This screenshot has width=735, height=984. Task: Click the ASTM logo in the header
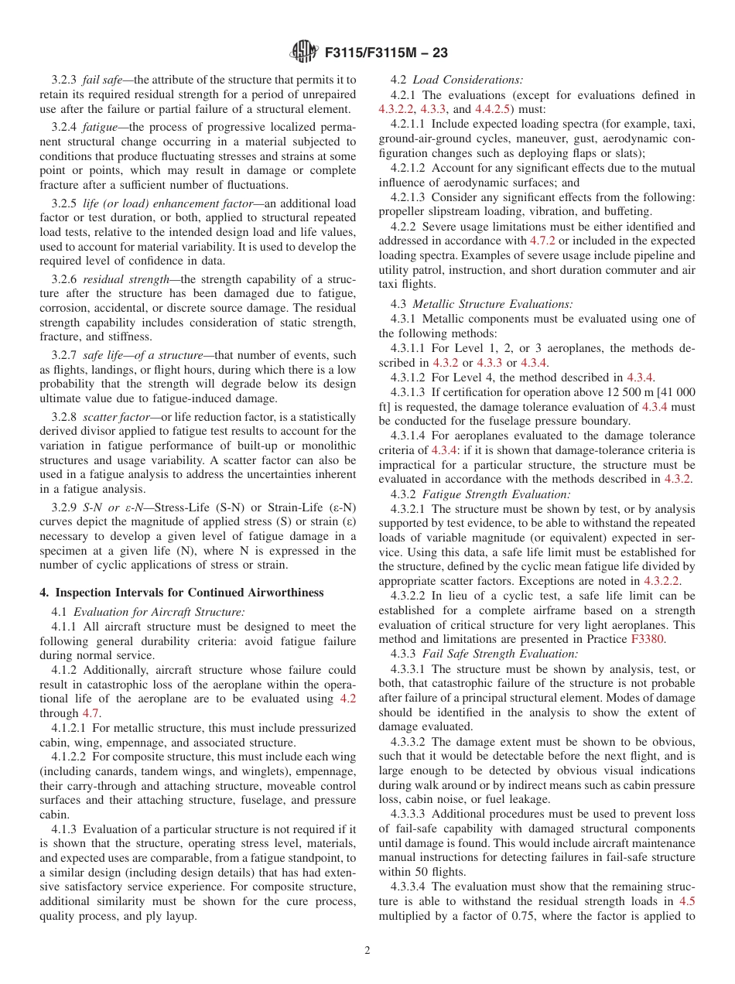pyautogui.click(x=304, y=53)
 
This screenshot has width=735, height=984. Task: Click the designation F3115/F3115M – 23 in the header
pyautogui.click(x=386, y=53)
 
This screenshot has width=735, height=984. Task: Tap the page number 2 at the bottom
pyautogui.click(x=367, y=951)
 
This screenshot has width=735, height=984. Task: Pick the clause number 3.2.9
pyautogui.click(x=64, y=507)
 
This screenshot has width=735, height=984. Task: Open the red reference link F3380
pyautogui.click(x=679, y=639)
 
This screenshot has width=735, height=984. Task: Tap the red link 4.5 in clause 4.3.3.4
pyautogui.click(x=686, y=901)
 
